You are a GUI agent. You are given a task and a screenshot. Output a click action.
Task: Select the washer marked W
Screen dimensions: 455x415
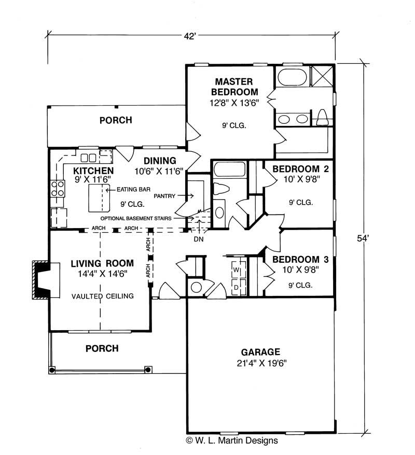[236, 270]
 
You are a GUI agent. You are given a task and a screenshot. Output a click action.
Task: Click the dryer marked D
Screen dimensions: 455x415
[236, 287]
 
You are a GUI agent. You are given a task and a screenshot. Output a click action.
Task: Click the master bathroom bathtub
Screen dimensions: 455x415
[292, 78]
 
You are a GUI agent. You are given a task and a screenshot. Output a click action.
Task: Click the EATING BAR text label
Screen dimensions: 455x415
[133, 190]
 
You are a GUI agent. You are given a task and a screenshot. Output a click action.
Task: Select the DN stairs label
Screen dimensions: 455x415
[198, 239]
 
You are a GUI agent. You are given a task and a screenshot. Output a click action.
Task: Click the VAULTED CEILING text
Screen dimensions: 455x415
[103, 296]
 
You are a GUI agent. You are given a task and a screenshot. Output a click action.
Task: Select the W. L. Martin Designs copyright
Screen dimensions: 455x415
[231, 440]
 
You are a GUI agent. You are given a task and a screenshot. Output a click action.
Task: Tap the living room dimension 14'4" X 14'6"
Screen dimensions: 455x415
[102, 273]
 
